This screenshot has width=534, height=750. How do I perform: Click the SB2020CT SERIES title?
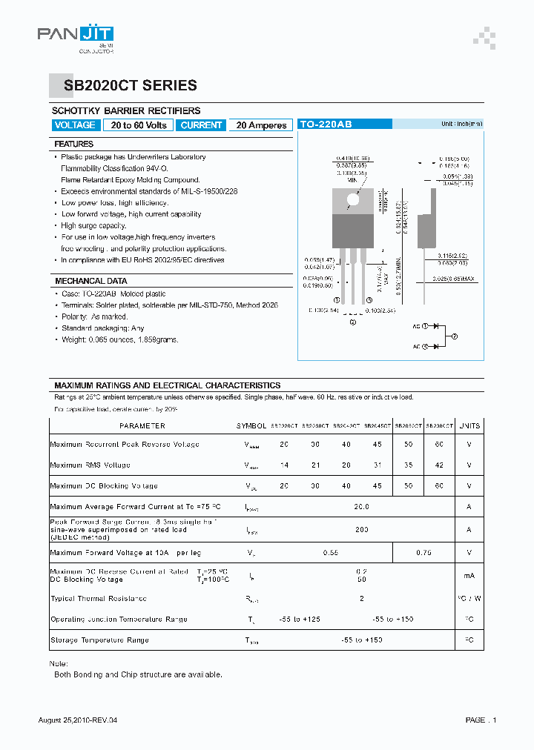(x=125, y=86)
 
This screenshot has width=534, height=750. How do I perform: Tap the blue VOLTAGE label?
(x=75, y=125)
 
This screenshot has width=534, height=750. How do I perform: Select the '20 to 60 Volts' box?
(x=139, y=125)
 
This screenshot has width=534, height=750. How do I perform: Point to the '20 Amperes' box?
(x=261, y=125)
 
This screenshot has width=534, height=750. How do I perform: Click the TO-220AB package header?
(x=326, y=125)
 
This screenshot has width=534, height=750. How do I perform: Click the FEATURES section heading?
(x=74, y=145)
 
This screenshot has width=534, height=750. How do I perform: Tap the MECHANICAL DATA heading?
(x=90, y=282)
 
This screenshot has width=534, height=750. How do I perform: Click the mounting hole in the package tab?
(x=353, y=199)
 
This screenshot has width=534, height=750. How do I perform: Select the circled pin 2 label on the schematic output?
(x=455, y=336)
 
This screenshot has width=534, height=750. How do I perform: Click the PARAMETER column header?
(x=142, y=426)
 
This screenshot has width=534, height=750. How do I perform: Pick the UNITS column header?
(x=469, y=426)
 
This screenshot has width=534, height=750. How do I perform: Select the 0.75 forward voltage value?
(x=423, y=553)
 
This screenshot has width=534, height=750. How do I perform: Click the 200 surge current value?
(x=362, y=530)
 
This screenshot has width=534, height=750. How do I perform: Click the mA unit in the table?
(x=469, y=576)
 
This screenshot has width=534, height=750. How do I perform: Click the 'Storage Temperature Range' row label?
(x=99, y=640)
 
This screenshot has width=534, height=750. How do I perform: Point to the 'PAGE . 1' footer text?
(x=481, y=720)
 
